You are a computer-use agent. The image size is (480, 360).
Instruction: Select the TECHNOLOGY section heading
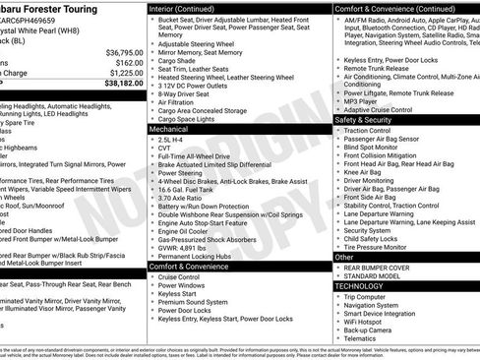point(360,286)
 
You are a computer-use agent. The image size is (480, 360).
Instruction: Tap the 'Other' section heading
point(344,257)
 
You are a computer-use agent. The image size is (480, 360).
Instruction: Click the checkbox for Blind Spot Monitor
point(337,147)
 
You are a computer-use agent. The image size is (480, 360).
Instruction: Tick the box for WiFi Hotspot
point(337,320)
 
